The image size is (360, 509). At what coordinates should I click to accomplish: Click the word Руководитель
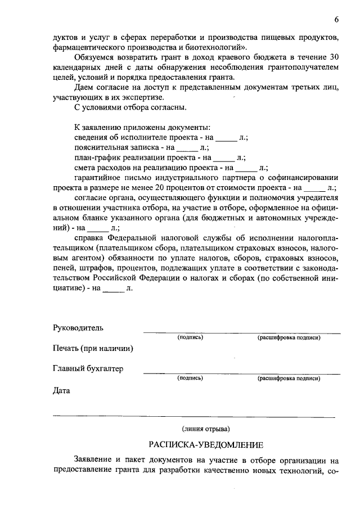(78, 327)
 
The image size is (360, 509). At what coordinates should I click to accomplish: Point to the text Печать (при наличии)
(93, 348)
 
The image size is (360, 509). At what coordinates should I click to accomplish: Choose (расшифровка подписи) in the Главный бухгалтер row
(289, 379)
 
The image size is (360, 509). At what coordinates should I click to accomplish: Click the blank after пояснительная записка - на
(187, 147)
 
